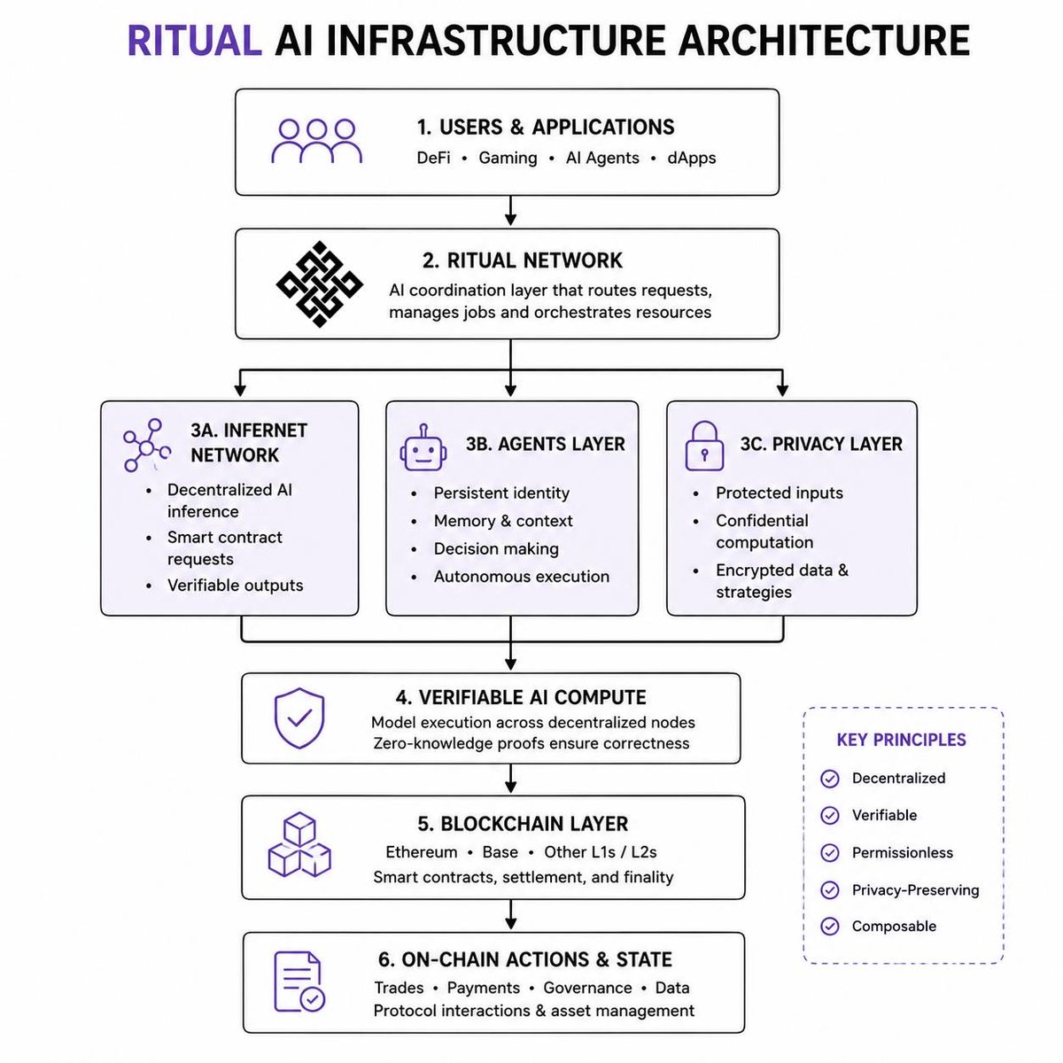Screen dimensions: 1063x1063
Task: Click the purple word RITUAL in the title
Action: tap(194, 40)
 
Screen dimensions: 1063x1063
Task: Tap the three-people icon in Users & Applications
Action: tap(316, 141)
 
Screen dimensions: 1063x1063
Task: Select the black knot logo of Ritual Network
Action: tap(319, 284)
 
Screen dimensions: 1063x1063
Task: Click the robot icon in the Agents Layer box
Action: tap(423, 447)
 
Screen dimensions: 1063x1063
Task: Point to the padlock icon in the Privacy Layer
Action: tap(704, 446)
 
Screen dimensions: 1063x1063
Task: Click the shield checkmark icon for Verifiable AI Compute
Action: tap(299, 718)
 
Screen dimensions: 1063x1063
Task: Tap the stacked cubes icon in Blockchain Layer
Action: tap(299, 844)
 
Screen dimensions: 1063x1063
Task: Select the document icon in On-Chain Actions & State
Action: tap(299, 982)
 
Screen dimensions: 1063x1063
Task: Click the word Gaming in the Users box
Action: tap(508, 159)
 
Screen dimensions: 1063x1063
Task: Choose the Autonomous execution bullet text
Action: tap(521, 577)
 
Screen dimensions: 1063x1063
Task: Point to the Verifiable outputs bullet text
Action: tap(235, 586)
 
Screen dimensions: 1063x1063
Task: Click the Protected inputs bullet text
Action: tap(779, 493)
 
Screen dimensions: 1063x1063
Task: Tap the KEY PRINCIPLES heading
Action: tap(901, 740)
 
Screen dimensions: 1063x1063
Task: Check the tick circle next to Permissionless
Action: tap(830, 853)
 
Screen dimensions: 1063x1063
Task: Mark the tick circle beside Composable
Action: tap(830, 927)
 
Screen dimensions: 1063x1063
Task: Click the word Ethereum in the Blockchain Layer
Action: tap(422, 851)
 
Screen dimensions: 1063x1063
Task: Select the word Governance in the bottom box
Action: tap(587, 988)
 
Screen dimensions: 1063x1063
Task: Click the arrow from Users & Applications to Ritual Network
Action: tap(511, 210)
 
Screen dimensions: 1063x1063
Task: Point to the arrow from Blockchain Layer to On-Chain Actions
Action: tap(511, 914)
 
